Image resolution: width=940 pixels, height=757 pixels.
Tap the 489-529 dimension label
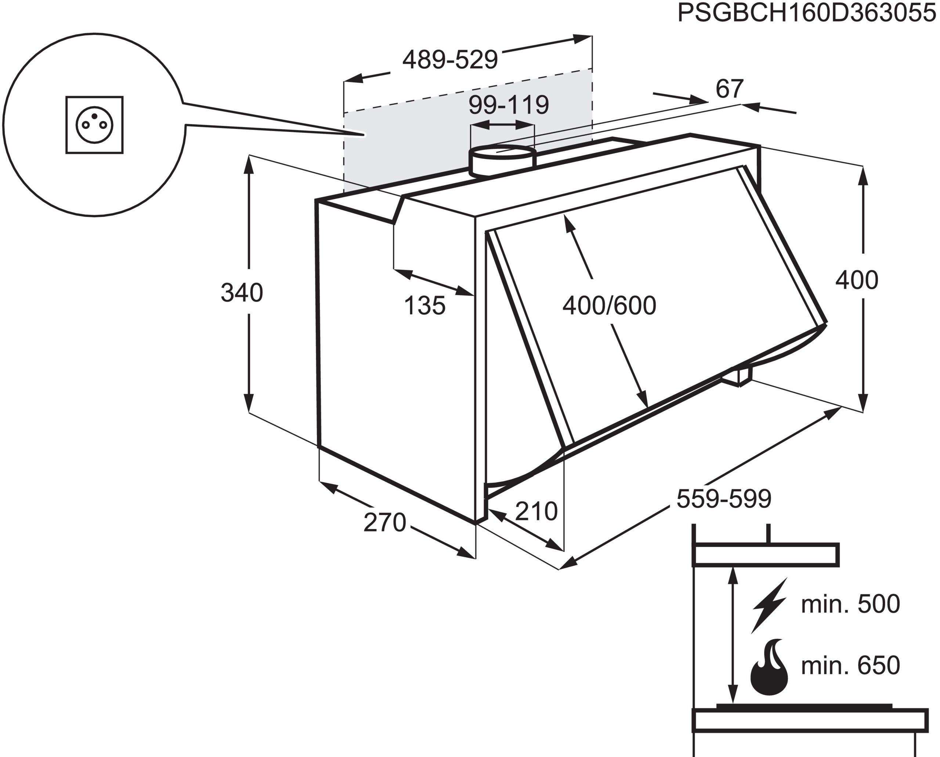pos(450,60)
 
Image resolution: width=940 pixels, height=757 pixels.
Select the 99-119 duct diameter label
pos(509,105)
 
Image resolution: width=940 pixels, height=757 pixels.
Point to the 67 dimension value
pos(729,89)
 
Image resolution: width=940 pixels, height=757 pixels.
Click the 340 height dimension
pos(242,293)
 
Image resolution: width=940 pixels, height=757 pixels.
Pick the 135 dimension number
pos(424,305)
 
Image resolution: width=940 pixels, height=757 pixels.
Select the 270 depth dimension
pos(384,522)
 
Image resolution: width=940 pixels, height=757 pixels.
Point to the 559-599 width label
pos(724,499)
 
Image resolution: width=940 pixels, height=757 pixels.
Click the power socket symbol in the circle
pos(94,125)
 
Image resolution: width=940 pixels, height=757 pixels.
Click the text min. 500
pos(850,604)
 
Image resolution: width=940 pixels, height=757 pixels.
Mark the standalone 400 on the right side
pos(857,280)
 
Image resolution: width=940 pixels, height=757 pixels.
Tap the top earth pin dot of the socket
pos(94,116)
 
